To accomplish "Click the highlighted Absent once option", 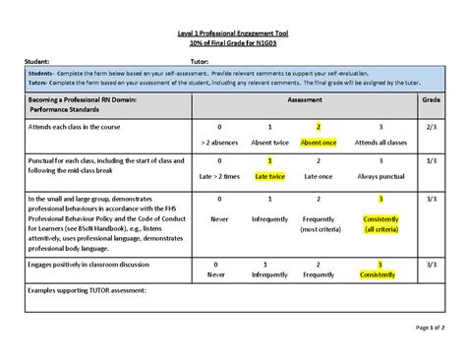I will click(x=319, y=143).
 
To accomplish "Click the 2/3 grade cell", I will click(x=431, y=127).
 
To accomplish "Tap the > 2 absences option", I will click(x=218, y=143).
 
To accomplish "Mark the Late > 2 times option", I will click(x=218, y=176).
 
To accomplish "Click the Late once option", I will click(x=319, y=176).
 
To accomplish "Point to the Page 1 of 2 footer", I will click(x=431, y=327).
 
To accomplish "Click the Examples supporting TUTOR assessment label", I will click(x=87, y=291).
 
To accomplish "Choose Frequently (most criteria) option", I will click(x=319, y=223).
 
